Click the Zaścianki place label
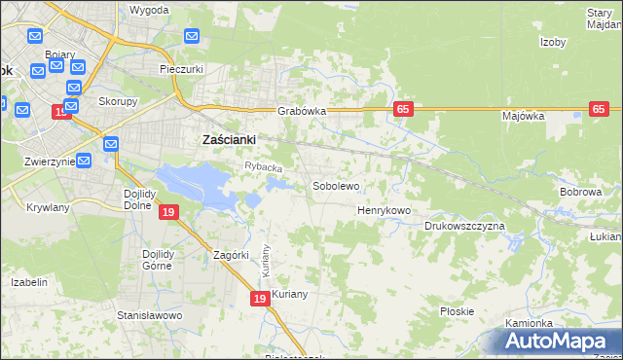228,139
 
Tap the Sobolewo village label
336,185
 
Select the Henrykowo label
384,210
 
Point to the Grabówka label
301,111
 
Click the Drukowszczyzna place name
464,226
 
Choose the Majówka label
523,116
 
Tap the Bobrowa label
580,192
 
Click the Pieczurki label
181,70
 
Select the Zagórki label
233,255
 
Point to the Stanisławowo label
150,315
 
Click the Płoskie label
457,311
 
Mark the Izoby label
553,42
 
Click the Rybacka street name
263,168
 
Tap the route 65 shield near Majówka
599,110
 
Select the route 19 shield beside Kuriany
260,301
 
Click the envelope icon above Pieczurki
191,37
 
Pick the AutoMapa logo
556,341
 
